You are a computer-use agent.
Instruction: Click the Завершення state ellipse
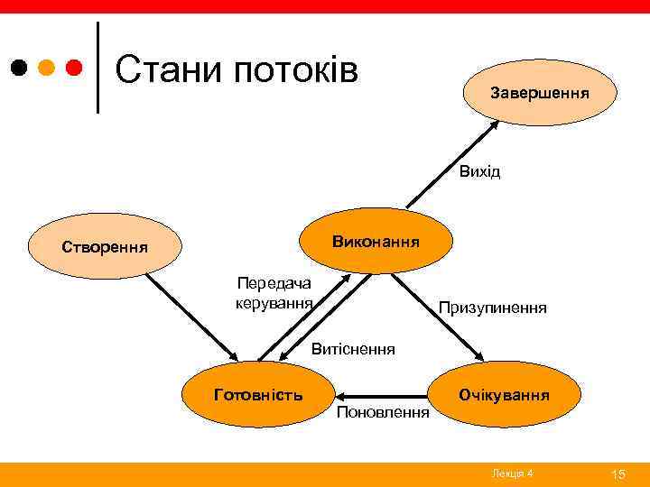pos(540,93)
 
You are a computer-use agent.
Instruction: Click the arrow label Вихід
pos(478,171)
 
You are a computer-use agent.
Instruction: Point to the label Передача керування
pos(274,291)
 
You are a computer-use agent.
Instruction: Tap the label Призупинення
pos(492,308)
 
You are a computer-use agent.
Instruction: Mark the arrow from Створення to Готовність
pos(190,316)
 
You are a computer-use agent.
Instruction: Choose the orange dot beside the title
pos(47,68)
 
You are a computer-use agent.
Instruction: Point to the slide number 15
pos(618,474)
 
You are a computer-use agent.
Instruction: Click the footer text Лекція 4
pos(513,474)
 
